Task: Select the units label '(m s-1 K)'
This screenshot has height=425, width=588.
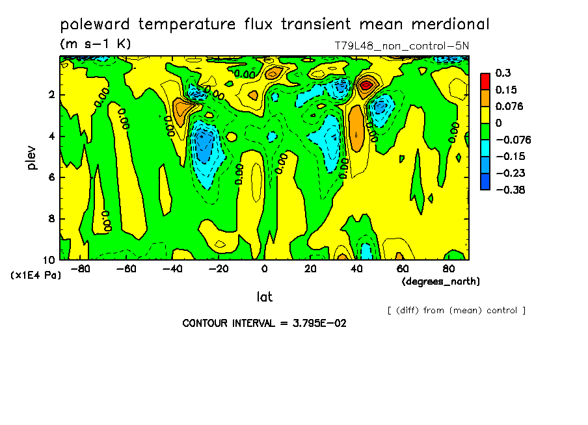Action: pyautogui.click(x=96, y=44)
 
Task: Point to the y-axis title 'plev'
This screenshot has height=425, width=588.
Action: pyautogui.click(x=32, y=158)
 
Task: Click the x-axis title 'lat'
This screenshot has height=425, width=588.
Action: pyautogui.click(x=264, y=297)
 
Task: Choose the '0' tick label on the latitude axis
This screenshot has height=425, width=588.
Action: pyautogui.click(x=264, y=268)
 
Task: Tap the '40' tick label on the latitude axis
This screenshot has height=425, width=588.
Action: pyautogui.click(x=356, y=268)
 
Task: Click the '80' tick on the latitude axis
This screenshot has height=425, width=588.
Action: pyautogui.click(x=449, y=268)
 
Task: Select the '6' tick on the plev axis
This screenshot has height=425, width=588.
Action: pyautogui.click(x=51, y=177)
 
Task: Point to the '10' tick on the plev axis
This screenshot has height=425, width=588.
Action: pyautogui.click(x=49, y=260)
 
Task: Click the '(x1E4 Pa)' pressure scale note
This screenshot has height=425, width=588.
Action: pyautogui.click(x=36, y=276)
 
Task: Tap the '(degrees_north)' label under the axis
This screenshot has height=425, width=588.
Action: pyautogui.click(x=441, y=281)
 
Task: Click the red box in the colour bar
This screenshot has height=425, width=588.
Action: pyautogui.click(x=485, y=80)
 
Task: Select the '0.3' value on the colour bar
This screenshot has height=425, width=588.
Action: pyautogui.click(x=503, y=73)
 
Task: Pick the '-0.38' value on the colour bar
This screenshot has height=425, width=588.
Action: pyautogui.click(x=511, y=190)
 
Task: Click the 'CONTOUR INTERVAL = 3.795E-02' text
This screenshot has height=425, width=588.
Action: pyautogui.click(x=264, y=323)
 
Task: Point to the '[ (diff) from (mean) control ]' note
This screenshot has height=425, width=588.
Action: pyautogui.click(x=456, y=310)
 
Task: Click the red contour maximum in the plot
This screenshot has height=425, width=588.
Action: pyautogui.click(x=367, y=83)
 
